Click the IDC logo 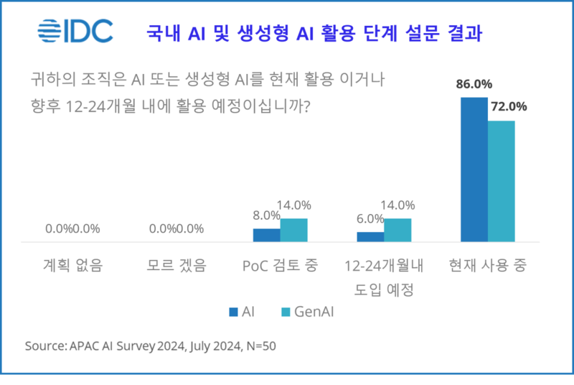(75, 31)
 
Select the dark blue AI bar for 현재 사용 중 (474, 170)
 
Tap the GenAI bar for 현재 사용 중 (502, 181)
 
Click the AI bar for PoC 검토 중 (266, 235)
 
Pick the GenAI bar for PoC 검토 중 (293, 230)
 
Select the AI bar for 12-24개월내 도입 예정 (370, 236)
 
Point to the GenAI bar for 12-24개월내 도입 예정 (397, 230)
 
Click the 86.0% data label (474, 83)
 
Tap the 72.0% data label (508, 106)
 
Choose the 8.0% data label (265, 215)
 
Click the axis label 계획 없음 (72, 265)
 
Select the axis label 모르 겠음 (176, 265)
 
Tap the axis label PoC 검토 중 (280, 265)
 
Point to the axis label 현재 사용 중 (488, 265)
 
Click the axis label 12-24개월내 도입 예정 (384, 277)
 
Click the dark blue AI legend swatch (233, 312)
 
